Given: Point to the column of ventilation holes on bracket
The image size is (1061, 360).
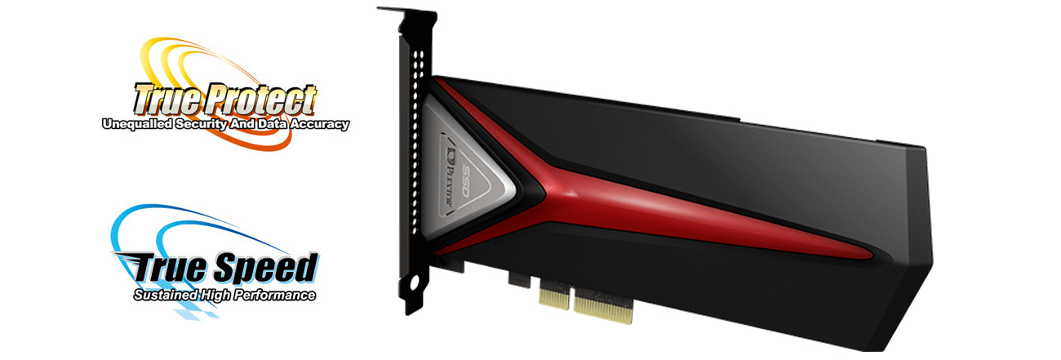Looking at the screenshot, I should [x=420, y=122].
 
